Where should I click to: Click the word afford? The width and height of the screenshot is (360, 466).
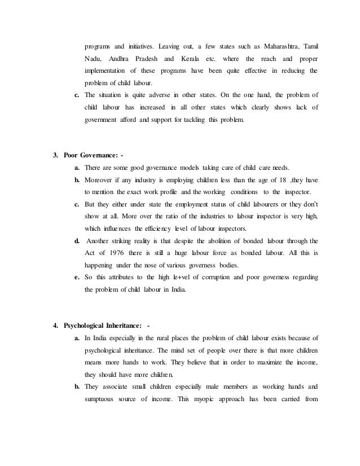130,136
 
